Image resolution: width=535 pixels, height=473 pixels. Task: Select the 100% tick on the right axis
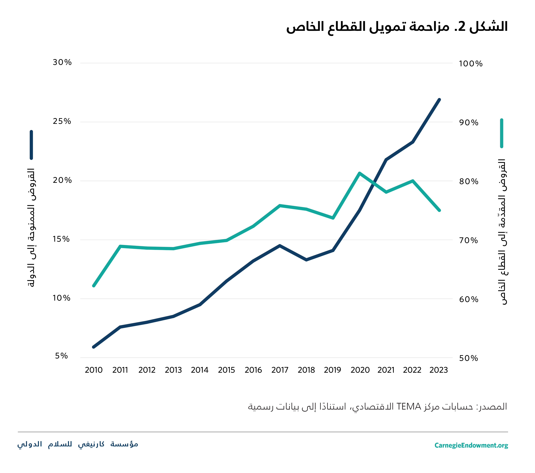[x=471, y=64]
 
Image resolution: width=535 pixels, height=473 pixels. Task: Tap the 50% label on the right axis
[x=468, y=358]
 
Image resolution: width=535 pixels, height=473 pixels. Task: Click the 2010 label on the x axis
[x=94, y=370]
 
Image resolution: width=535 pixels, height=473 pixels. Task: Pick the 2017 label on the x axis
[x=280, y=370]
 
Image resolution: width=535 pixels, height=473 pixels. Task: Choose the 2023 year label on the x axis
[x=439, y=370]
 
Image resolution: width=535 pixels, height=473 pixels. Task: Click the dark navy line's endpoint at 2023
[x=439, y=100]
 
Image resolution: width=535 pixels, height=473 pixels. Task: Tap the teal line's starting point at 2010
[x=94, y=286]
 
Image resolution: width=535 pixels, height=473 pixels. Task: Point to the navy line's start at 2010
[x=94, y=347]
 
